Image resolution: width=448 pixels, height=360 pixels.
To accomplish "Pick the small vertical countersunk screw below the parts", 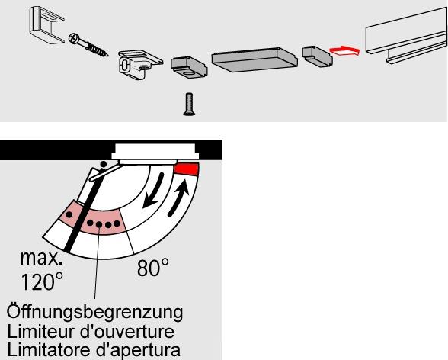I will click(x=187, y=104).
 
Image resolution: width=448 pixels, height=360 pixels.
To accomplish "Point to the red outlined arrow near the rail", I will click(x=344, y=52).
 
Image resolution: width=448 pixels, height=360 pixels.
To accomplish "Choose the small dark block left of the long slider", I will click(x=186, y=66).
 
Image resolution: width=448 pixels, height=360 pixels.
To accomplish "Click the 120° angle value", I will click(x=38, y=282).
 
